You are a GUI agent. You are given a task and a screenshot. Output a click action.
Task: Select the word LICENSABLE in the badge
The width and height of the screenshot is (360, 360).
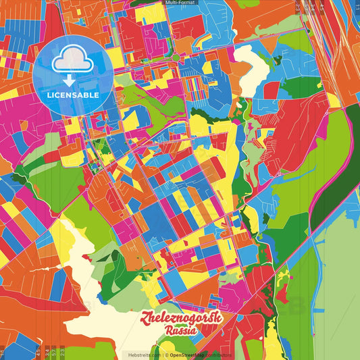(73, 95)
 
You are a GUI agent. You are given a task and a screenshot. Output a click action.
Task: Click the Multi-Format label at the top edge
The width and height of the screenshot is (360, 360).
(180, 3)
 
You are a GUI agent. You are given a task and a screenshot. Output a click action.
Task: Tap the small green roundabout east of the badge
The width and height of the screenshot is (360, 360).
(176, 58)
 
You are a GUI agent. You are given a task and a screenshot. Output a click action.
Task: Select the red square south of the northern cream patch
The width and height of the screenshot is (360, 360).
(271, 89)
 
